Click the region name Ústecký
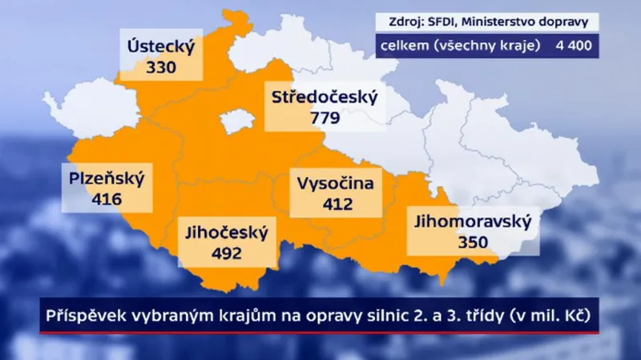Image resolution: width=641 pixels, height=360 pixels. point(161,47)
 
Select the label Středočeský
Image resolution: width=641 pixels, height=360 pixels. point(324,99)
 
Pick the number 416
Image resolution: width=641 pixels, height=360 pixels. point(107,198)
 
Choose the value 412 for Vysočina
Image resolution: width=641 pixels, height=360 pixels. point(337,204)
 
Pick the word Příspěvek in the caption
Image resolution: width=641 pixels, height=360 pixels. point(83,316)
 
